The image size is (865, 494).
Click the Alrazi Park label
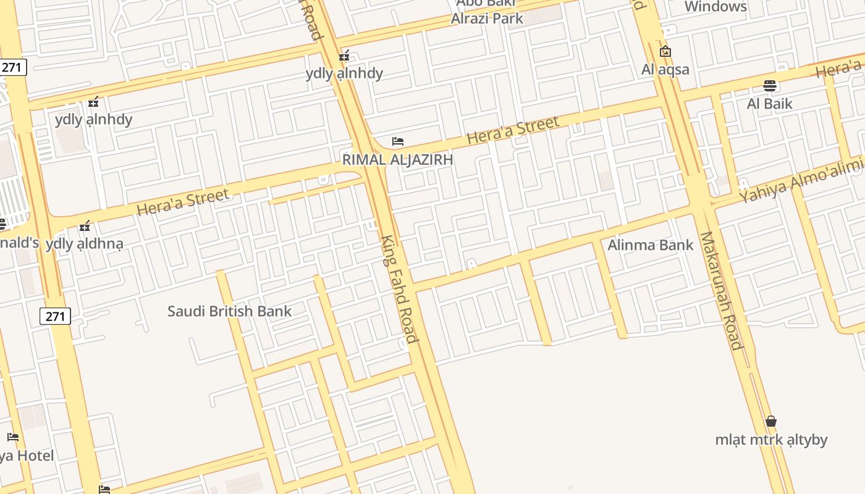pyautogui.click(x=487, y=19)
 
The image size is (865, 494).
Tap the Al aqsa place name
pyautogui.click(x=665, y=69)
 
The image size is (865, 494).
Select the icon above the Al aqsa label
pyautogui.click(x=665, y=51)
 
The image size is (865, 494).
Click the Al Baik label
pyautogui.click(x=769, y=103)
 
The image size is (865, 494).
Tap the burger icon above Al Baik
pyautogui.click(x=769, y=85)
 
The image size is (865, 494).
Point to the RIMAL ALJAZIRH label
pyautogui.click(x=398, y=159)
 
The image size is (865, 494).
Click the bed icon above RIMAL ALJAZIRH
pyautogui.click(x=398, y=141)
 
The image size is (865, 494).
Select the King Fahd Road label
pyautogui.click(x=399, y=289)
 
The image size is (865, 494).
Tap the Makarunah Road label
pyautogui.click(x=720, y=290)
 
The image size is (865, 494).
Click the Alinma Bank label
pyautogui.click(x=651, y=245)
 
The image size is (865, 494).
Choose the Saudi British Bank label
pyautogui.click(x=229, y=311)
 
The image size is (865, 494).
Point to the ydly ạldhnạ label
pyautogui.click(x=85, y=243)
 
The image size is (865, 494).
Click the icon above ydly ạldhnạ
pyautogui.click(x=85, y=226)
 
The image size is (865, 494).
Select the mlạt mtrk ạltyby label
pyautogui.click(x=771, y=440)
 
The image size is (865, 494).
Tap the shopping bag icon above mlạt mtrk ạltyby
pyautogui.click(x=771, y=422)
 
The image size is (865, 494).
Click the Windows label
pyautogui.click(x=715, y=7)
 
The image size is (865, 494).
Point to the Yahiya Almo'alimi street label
pyautogui.click(x=801, y=180)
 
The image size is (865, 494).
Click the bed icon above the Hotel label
pyautogui.click(x=13, y=437)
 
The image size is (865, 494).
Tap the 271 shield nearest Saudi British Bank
pyautogui.click(x=55, y=316)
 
